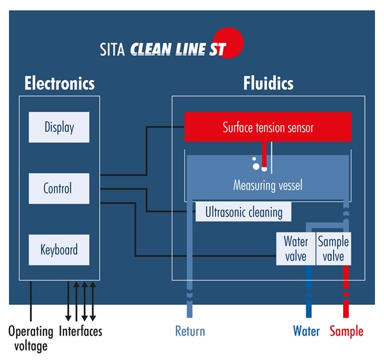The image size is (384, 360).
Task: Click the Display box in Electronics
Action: click(59, 127)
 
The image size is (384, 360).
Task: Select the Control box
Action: click(59, 188)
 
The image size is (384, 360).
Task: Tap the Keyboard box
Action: click(59, 249)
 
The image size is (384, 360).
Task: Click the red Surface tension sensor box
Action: click(268, 127)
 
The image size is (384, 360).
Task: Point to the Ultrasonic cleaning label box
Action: click(243, 211)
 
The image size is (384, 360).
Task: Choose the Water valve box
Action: click(296, 249)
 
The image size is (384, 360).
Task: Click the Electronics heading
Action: click(59, 83)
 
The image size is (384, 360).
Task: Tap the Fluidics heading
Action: click(268, 83)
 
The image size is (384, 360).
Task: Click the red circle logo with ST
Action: click(231, 43)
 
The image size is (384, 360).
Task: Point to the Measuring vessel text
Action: click(268, 186)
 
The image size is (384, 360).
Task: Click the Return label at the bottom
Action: click(190, 331)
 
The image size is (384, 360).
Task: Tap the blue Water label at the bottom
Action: click(307, 331)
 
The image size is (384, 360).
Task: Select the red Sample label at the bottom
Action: click(346, 331)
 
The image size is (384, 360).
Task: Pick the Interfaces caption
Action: click(81, 331)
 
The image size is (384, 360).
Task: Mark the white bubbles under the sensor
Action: click(257, 164)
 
